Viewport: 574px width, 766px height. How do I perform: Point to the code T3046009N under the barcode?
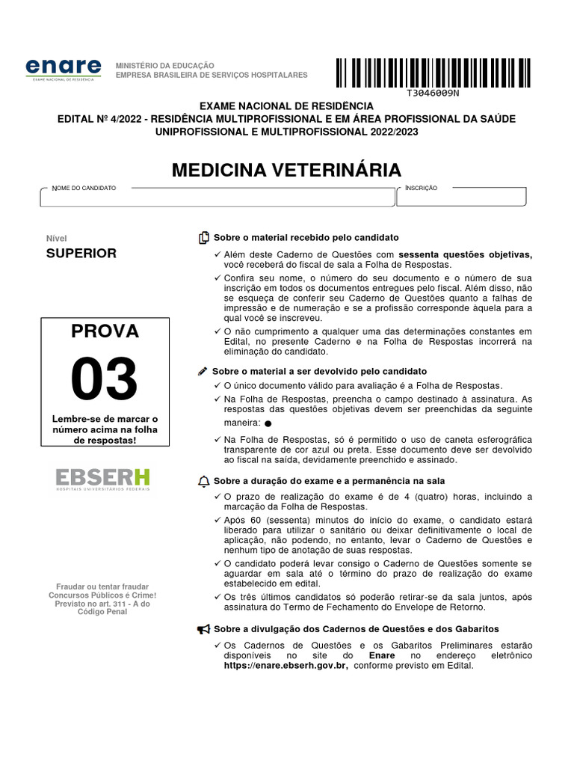click(433, 94)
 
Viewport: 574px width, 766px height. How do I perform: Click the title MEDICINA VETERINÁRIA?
click(286, 170)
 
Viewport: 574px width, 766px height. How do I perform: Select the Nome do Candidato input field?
click(217, 197)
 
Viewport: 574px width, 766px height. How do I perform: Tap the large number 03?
click(105, 379)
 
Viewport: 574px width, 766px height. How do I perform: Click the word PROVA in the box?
click(105, 331)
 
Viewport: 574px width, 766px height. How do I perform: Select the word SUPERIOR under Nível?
click(81, 253)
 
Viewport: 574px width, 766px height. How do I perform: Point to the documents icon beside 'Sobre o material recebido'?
click(204, 238)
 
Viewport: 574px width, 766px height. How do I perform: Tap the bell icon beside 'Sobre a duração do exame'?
click(204, 481)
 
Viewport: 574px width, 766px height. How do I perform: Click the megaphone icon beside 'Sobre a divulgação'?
click(203, 629)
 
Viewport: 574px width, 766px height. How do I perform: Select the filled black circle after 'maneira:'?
click(268, 423)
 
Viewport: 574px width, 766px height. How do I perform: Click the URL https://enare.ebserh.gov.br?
click(286, 665)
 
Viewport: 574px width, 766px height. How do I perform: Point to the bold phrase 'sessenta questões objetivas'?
click(465, 254)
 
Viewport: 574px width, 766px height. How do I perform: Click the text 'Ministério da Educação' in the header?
click(164, 66)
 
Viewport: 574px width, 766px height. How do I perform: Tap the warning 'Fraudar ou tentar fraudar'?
click(103, 586)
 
